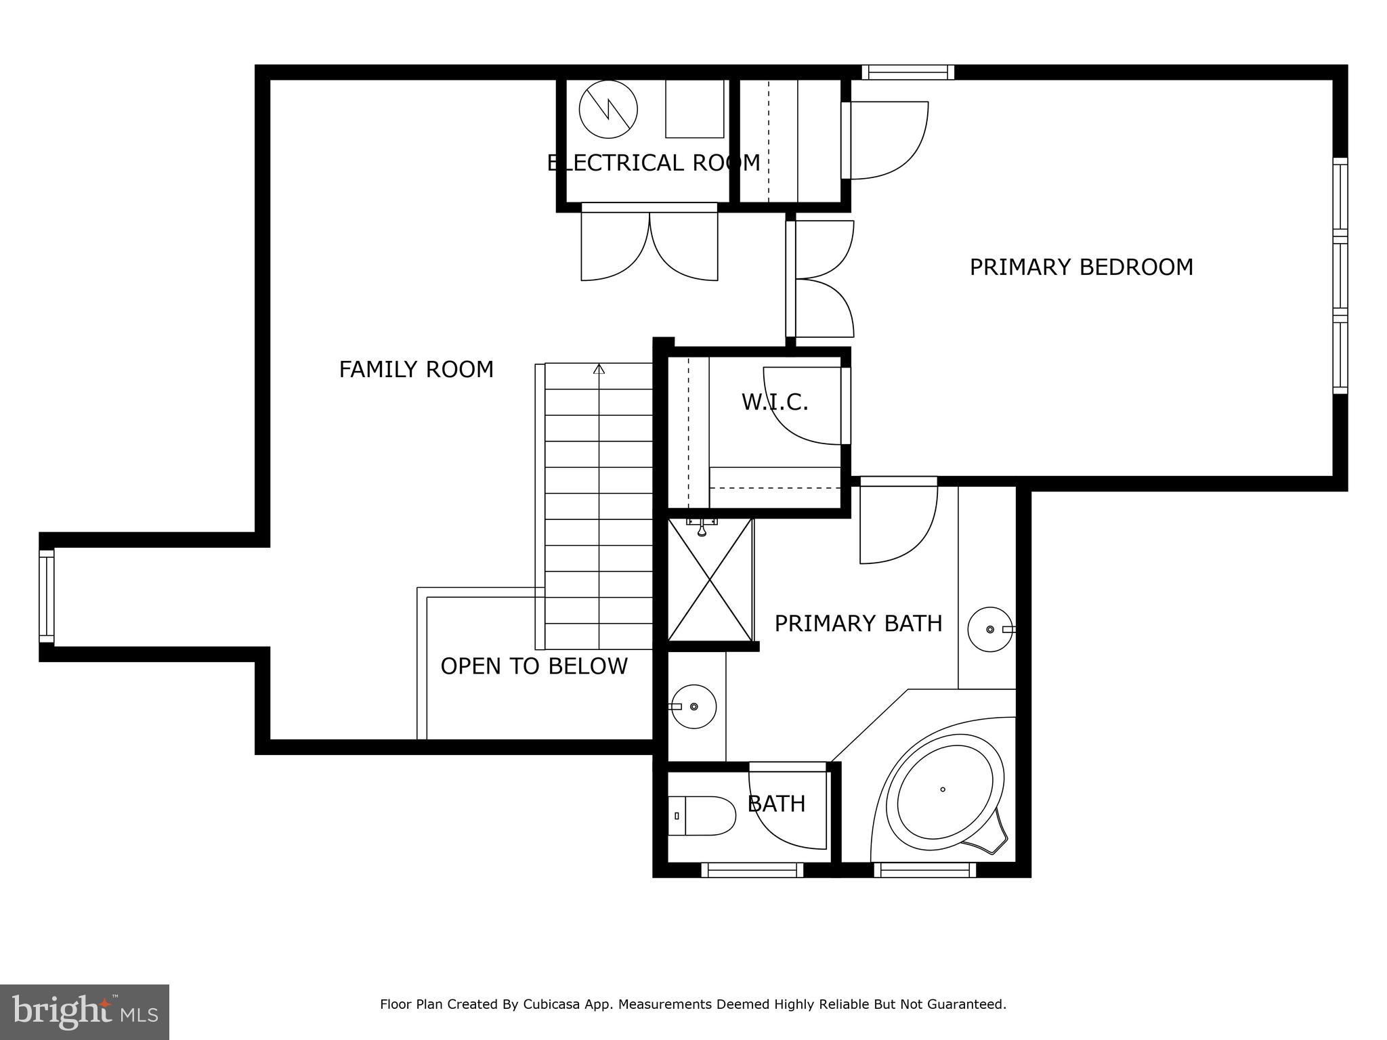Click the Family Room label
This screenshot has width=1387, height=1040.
coord(416,370)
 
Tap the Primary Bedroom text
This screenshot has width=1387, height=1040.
coord(1081,267)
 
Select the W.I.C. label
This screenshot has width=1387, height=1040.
coord(775,402)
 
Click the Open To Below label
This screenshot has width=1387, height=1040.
coord(534,666)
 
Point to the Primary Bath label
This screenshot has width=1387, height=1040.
coord(858,624)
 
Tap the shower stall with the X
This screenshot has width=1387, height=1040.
coord(710,580)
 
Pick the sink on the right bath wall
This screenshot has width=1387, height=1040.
coord(989,630)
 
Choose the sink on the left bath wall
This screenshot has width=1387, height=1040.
coord(693,706)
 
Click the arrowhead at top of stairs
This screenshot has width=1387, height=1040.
coord(599,369)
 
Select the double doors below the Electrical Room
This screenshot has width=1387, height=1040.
coord(649,244)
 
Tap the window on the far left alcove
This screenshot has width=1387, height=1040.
coord(46,596)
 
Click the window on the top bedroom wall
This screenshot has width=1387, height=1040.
coord(908,72)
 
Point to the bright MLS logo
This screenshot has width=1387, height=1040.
coord(84,1012)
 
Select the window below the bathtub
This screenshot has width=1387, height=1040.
coord(924,870)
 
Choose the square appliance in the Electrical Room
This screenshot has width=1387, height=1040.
coord(694,108)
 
